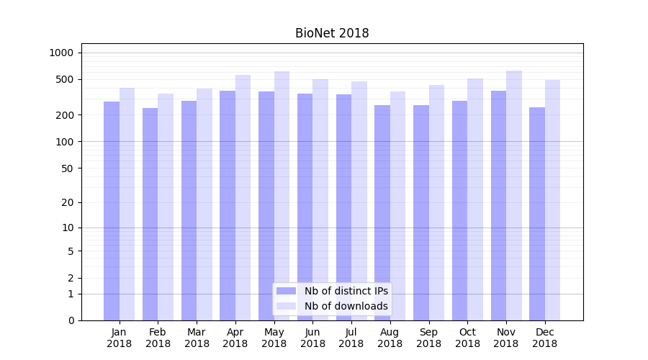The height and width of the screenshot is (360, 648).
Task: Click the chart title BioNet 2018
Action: pos(332,33)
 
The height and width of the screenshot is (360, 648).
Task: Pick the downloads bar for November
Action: pos(514,195)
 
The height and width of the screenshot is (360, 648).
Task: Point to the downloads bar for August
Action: pos(398,206)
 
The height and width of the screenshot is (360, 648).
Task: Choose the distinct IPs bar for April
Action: pos(228,205)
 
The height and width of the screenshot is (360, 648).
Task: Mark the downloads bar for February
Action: pos(166,207)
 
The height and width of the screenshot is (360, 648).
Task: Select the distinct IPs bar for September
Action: pos(421,212)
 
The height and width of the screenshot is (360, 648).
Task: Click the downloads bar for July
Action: pos(359,201)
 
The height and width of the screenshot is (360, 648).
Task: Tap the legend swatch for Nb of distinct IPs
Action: pos(287,291)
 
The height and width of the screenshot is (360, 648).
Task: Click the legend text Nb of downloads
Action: pos(346,306)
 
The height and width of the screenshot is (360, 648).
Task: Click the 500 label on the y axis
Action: pos(66,79)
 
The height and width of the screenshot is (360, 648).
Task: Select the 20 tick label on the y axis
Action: pos(68,202)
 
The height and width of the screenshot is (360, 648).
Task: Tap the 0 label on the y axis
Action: pos(71,320)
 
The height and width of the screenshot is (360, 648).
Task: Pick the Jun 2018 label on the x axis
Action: pos(312,338)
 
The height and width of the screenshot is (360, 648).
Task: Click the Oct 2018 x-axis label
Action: pos(467,338)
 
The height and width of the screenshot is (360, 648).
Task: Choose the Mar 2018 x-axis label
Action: pos(197,338)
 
